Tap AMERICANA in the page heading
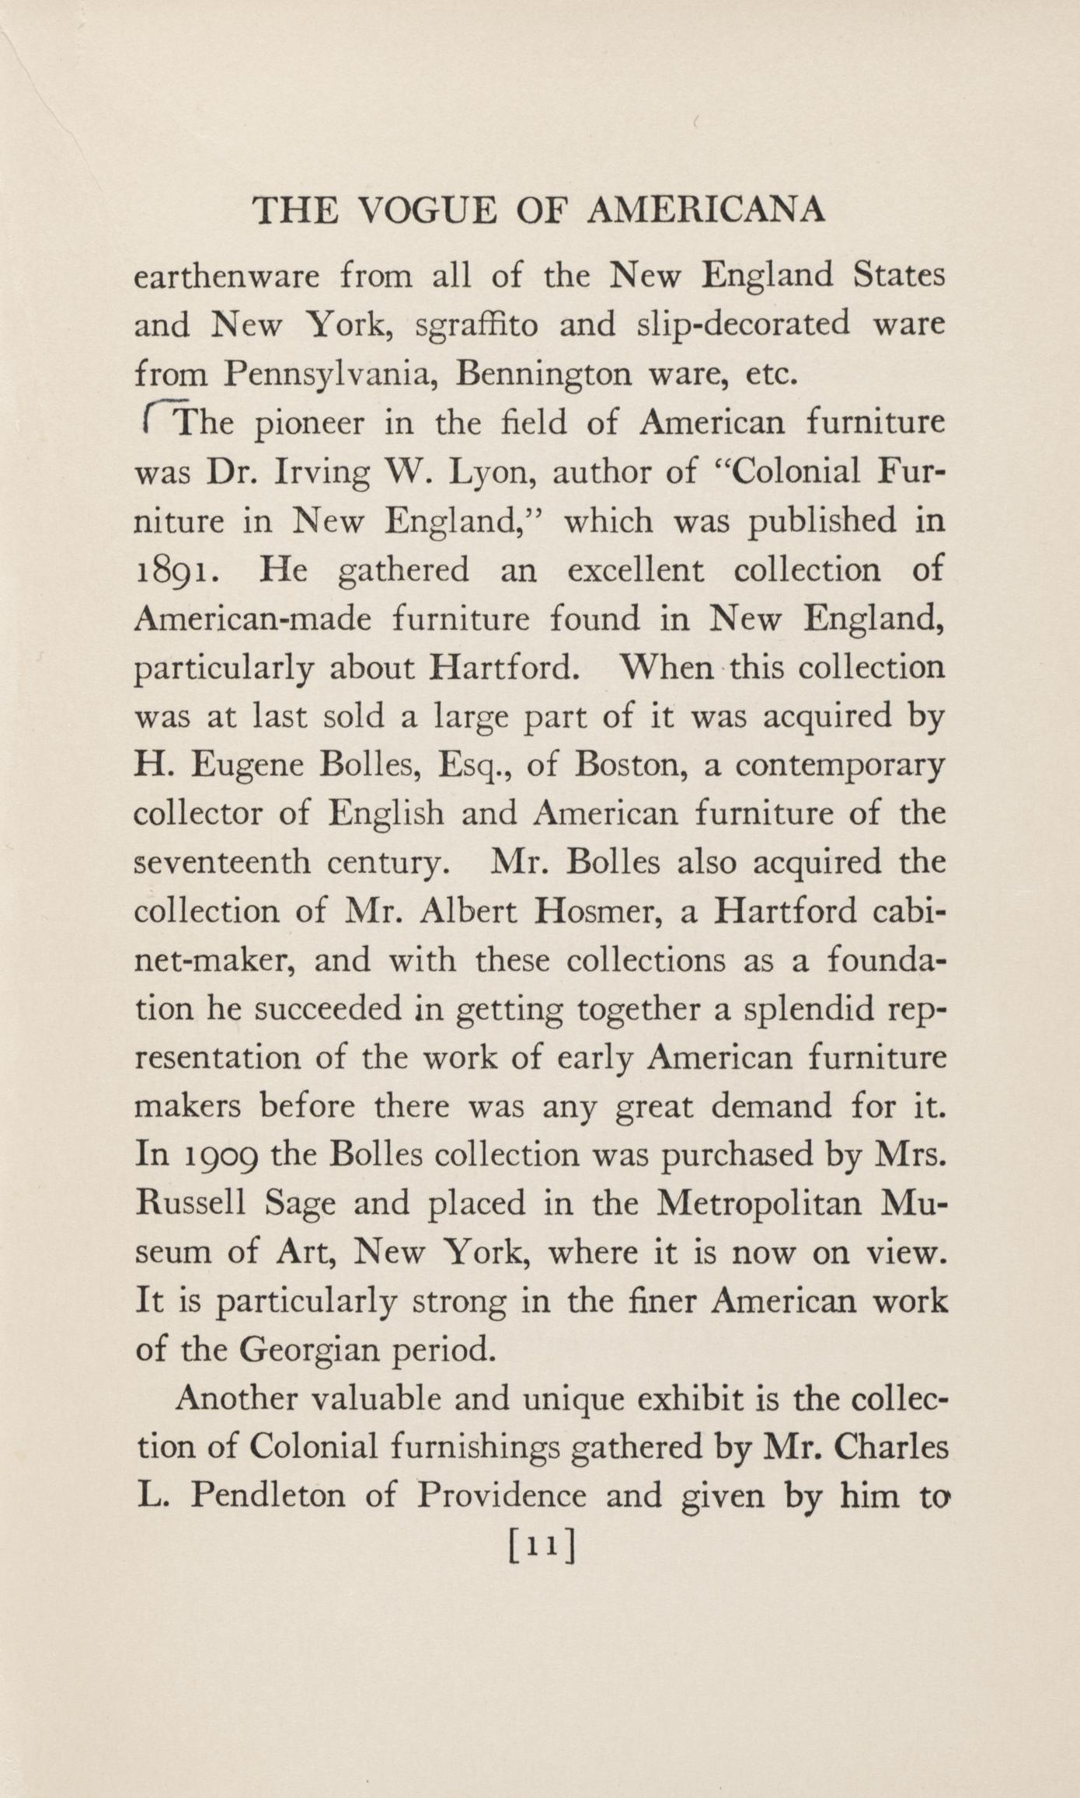pos(705,210)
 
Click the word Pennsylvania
pos(330,375)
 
